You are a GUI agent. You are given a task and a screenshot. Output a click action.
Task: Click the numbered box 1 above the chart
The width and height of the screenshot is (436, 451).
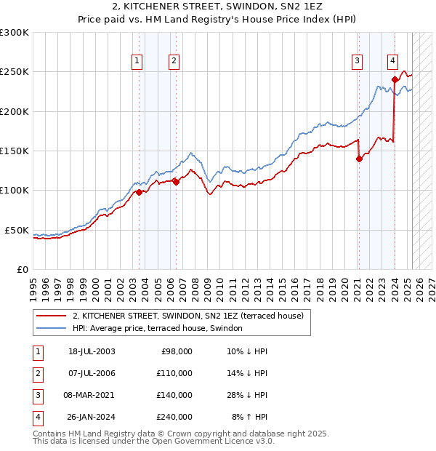coord(137,62)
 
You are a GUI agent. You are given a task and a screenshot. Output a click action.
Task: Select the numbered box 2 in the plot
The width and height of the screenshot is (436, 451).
coord(175,62)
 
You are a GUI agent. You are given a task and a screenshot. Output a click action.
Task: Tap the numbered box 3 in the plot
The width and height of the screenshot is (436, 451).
coord(358,62)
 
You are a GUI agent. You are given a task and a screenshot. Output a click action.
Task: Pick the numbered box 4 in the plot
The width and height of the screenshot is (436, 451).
coord(392,62)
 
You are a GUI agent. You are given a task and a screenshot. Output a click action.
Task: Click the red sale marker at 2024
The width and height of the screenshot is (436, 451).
coord(395,80)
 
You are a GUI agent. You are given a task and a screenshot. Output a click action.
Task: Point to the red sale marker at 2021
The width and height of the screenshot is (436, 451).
coord(359,159)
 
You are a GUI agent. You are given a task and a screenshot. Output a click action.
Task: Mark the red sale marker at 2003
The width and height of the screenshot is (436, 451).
coord(139,192)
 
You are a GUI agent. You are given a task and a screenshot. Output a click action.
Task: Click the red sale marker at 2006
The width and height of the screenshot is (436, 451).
coord(176,183)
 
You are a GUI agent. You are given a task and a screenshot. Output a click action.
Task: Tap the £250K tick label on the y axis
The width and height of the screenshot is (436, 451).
coord(15,73)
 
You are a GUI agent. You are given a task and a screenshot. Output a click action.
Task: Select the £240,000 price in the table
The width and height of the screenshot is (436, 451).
coord(175,418)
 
